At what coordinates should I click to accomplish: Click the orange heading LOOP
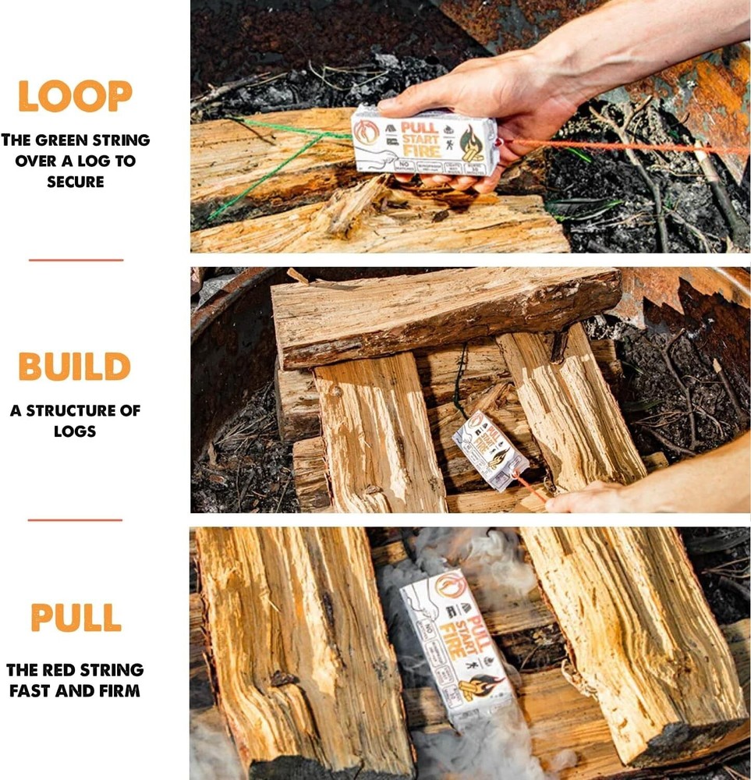[75, 96]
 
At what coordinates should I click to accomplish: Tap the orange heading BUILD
[75, 367]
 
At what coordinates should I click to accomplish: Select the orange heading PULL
[76, 618]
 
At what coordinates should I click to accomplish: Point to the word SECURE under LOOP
[75, 181]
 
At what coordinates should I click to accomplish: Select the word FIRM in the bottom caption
[117, 690]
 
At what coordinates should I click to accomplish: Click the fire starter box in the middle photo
[489, 450]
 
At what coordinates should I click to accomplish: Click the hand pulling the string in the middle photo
[593, 497]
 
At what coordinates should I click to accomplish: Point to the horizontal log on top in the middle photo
[445, 312]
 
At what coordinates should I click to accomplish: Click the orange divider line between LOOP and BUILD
[76, 260]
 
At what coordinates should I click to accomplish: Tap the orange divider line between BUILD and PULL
[75, 519]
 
